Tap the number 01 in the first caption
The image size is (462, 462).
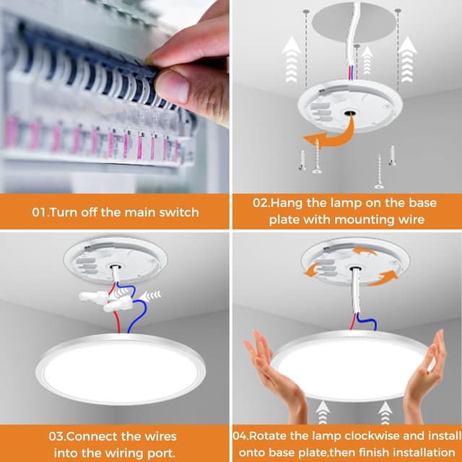click(x=41, y=212)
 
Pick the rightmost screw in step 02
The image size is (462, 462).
click(x=392, y=154)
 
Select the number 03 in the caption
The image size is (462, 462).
click(x=58, y=436)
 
